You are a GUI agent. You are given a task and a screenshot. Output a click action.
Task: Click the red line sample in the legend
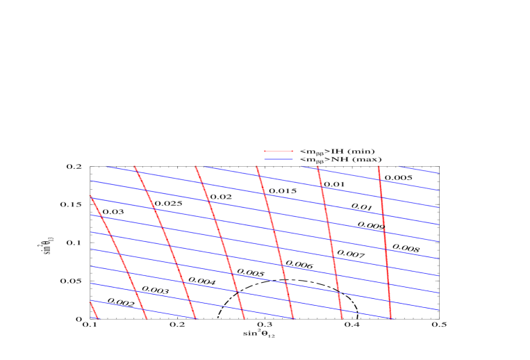(x=278, y=151)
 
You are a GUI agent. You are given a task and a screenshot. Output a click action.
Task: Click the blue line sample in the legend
(x=278, y=159)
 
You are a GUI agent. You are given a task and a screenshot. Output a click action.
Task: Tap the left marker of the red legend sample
(x=265, y=151)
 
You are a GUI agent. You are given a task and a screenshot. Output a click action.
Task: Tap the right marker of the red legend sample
(x=292, y=151)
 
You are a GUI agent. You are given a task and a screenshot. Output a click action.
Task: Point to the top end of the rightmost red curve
(x=379, y=166)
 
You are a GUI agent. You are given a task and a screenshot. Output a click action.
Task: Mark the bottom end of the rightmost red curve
(x=390, y=318)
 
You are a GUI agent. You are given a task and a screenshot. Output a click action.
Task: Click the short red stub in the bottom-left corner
(x=94, y=310)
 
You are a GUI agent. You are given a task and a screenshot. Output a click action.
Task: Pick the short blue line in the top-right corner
(x=418, y=170)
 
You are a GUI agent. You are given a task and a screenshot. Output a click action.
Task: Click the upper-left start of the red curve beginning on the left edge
(x=90, y=197)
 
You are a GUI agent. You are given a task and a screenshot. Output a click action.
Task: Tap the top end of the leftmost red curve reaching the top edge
(x=134, y=166)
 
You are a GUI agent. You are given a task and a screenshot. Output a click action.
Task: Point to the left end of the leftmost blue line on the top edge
(x=106, y=166)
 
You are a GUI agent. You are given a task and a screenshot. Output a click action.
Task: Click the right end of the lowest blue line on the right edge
(x=438, y=310)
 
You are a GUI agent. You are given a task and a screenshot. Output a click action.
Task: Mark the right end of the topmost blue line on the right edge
(x=438, y=173)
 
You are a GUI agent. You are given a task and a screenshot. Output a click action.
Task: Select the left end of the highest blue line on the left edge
(x=90, y=181)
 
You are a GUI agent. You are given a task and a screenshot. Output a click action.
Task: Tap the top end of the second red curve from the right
(x=317, y=166)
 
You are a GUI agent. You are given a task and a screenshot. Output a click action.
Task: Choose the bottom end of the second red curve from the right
(x=342, y=318)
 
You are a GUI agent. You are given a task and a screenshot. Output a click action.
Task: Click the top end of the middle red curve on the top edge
(x=256, y=166)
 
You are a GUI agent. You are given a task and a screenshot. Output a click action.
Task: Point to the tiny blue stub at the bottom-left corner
(x=93, y=318)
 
